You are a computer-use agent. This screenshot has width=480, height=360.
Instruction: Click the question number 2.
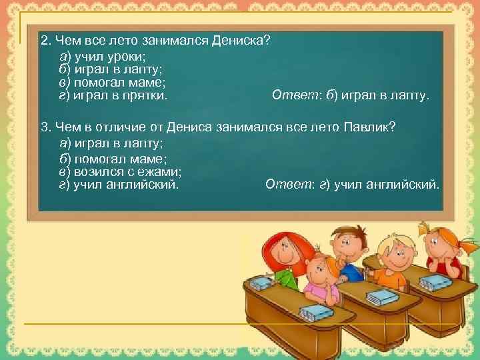click(x=45, y=41)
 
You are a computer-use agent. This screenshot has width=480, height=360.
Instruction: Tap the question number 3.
click(x=45, y=127)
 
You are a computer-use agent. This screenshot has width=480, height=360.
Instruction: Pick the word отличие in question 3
click(x=119, y=127)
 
